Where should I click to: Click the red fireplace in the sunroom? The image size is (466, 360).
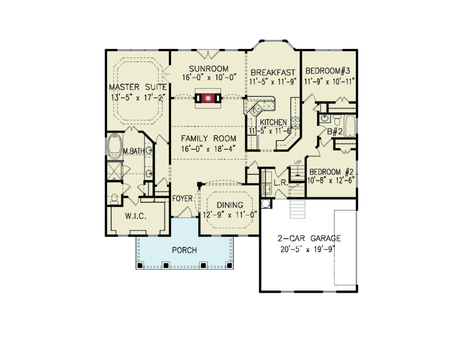(208, 98)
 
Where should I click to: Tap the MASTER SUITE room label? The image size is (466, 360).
(138, 87)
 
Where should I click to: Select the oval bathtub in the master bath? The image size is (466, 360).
(114, 146)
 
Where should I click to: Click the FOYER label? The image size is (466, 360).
(182, 198)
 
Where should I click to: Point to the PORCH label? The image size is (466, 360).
(184, 250)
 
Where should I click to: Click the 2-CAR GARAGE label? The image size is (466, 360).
(309, 238)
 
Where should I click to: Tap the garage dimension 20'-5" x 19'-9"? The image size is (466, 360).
(308, 249)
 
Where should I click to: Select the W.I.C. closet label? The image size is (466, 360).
(135, 216)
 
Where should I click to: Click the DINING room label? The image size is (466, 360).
(230, 205)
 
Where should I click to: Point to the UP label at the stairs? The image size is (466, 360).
(297, 162)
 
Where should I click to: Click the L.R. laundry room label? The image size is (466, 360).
(281, 183)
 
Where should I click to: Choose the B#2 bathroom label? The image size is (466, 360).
(335, 131)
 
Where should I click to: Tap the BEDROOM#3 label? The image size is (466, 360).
(328, 71)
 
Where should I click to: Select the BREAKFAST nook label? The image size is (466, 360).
(273, 72)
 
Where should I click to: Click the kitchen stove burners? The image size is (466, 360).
(295, 122)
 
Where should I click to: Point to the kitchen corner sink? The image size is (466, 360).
(256, 109)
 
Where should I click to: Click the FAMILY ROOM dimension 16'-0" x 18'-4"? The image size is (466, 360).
(208, 149)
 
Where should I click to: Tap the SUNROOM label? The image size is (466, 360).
(209, 69)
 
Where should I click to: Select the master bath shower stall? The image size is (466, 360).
(114, 170)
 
